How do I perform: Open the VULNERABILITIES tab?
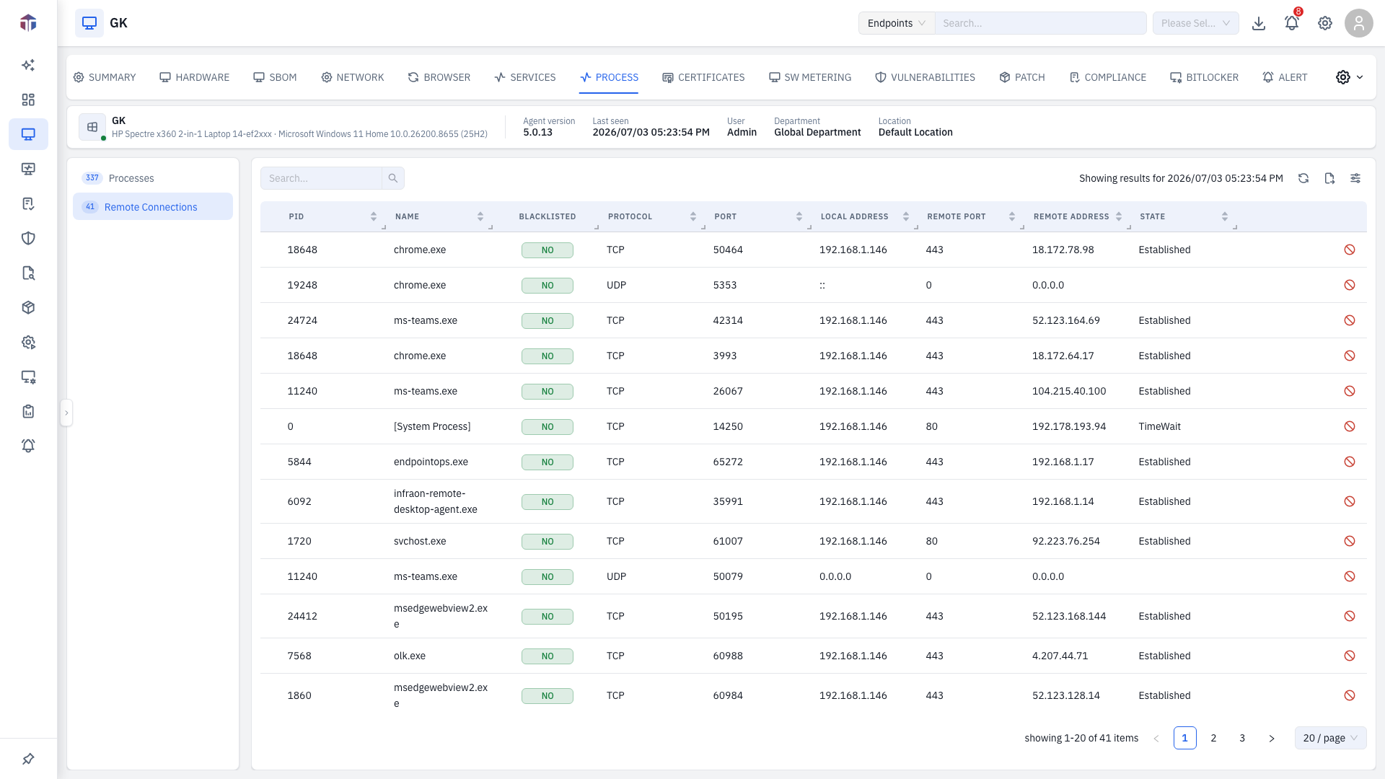tap(925, 77)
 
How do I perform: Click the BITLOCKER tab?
tap(1204, 77)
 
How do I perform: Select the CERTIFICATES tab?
tap(703, 77)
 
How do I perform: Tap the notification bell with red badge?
tap(1292, 23)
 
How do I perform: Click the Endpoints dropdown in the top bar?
tap(897, 23)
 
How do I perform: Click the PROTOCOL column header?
tap(630, 216)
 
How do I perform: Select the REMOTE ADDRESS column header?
tap(1071, 216)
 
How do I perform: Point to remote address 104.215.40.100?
tap(1069, 392)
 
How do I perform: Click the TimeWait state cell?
tap(1160, 427)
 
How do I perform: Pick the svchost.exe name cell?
tap(420, 542)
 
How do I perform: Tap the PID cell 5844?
tap(299, 462)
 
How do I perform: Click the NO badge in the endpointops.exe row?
tap(548, 462)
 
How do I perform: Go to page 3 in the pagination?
tap(1242, 738)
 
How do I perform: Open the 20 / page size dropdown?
tap(1330, 738)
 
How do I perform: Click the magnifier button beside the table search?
tap(393, 178)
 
